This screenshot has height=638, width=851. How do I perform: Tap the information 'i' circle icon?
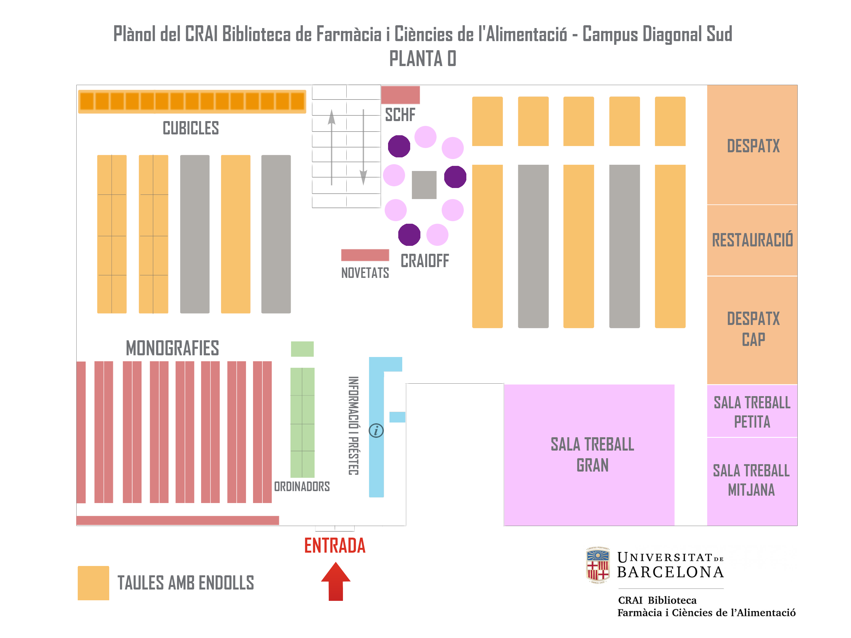tap(376, 430)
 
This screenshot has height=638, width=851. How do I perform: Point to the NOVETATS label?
tap(365, 273)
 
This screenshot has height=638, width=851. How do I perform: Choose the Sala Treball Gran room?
tap(589, 455)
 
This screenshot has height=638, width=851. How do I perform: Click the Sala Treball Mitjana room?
tap(752, 481)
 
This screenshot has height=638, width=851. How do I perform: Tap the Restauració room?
tap(752, 240)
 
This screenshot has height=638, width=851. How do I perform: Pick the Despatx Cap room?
tap(752, 329)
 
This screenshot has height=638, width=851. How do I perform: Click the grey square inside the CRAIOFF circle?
tap(424, 185)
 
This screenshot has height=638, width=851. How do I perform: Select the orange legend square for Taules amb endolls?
tap(93, 583)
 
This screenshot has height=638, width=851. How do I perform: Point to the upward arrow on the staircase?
tap(332, 146)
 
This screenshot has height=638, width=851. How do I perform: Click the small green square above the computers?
tap(302, 349)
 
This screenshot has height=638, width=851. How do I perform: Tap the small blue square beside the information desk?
tap(397, 417)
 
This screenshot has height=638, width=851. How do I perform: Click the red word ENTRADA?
tap(335, 545)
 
